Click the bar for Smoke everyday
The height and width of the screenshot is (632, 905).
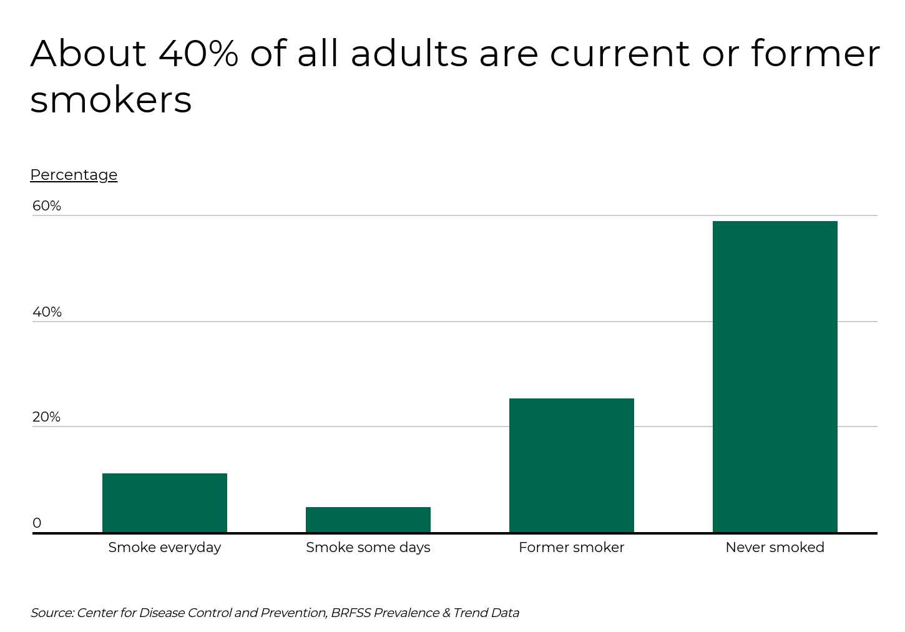tap(165, 503)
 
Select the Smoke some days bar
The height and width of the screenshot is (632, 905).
tap(368, 520)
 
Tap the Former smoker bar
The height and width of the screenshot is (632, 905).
tap(572, 465)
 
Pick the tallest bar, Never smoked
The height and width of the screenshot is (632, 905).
tap(775, 377)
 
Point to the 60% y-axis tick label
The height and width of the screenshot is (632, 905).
tap(47, 206)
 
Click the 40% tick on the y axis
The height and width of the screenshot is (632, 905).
tap(47, 312)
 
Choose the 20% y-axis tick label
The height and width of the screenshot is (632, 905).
tap(47, 417)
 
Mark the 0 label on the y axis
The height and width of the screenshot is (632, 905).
tap(37, 523)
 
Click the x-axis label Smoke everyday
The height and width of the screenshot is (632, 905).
tap(165, 548)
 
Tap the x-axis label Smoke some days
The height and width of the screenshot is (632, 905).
tap(368, 548)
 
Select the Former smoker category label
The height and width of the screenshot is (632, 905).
tap(572, 548)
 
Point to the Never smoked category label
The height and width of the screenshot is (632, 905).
tap(775, 548)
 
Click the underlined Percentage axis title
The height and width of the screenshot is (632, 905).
tap(74, 175)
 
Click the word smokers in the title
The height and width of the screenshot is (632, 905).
tap(111, 100)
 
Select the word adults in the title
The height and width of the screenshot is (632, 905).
tap(409, 54)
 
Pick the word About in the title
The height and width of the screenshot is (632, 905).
tap(88, 54)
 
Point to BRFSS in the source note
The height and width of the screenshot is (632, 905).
tap(351, 613)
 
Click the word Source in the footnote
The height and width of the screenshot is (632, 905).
tap(52, 613)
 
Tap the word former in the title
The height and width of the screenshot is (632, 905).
tap(815, 54)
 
